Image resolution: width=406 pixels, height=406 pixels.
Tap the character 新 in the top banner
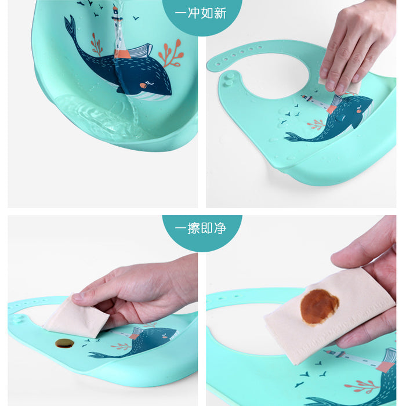[x=220, y=13]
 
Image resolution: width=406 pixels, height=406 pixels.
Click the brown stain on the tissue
[x=319, y=307]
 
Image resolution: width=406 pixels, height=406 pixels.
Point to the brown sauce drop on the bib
[x=64, y=343]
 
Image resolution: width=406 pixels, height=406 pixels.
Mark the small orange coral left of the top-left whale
[x=96, y=45]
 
